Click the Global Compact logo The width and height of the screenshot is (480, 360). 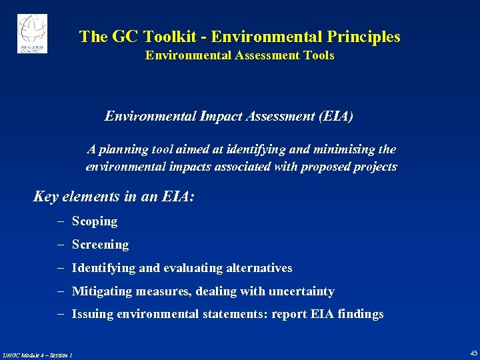[32, 33]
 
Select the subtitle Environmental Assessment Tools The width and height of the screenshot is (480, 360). [239, 56]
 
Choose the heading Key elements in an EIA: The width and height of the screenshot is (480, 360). [114, 197]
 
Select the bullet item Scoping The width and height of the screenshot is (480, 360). [95, 221]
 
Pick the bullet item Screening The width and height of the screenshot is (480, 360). [100, 245]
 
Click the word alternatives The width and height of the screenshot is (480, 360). [259, 268]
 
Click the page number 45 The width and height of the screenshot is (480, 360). [473, 353]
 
